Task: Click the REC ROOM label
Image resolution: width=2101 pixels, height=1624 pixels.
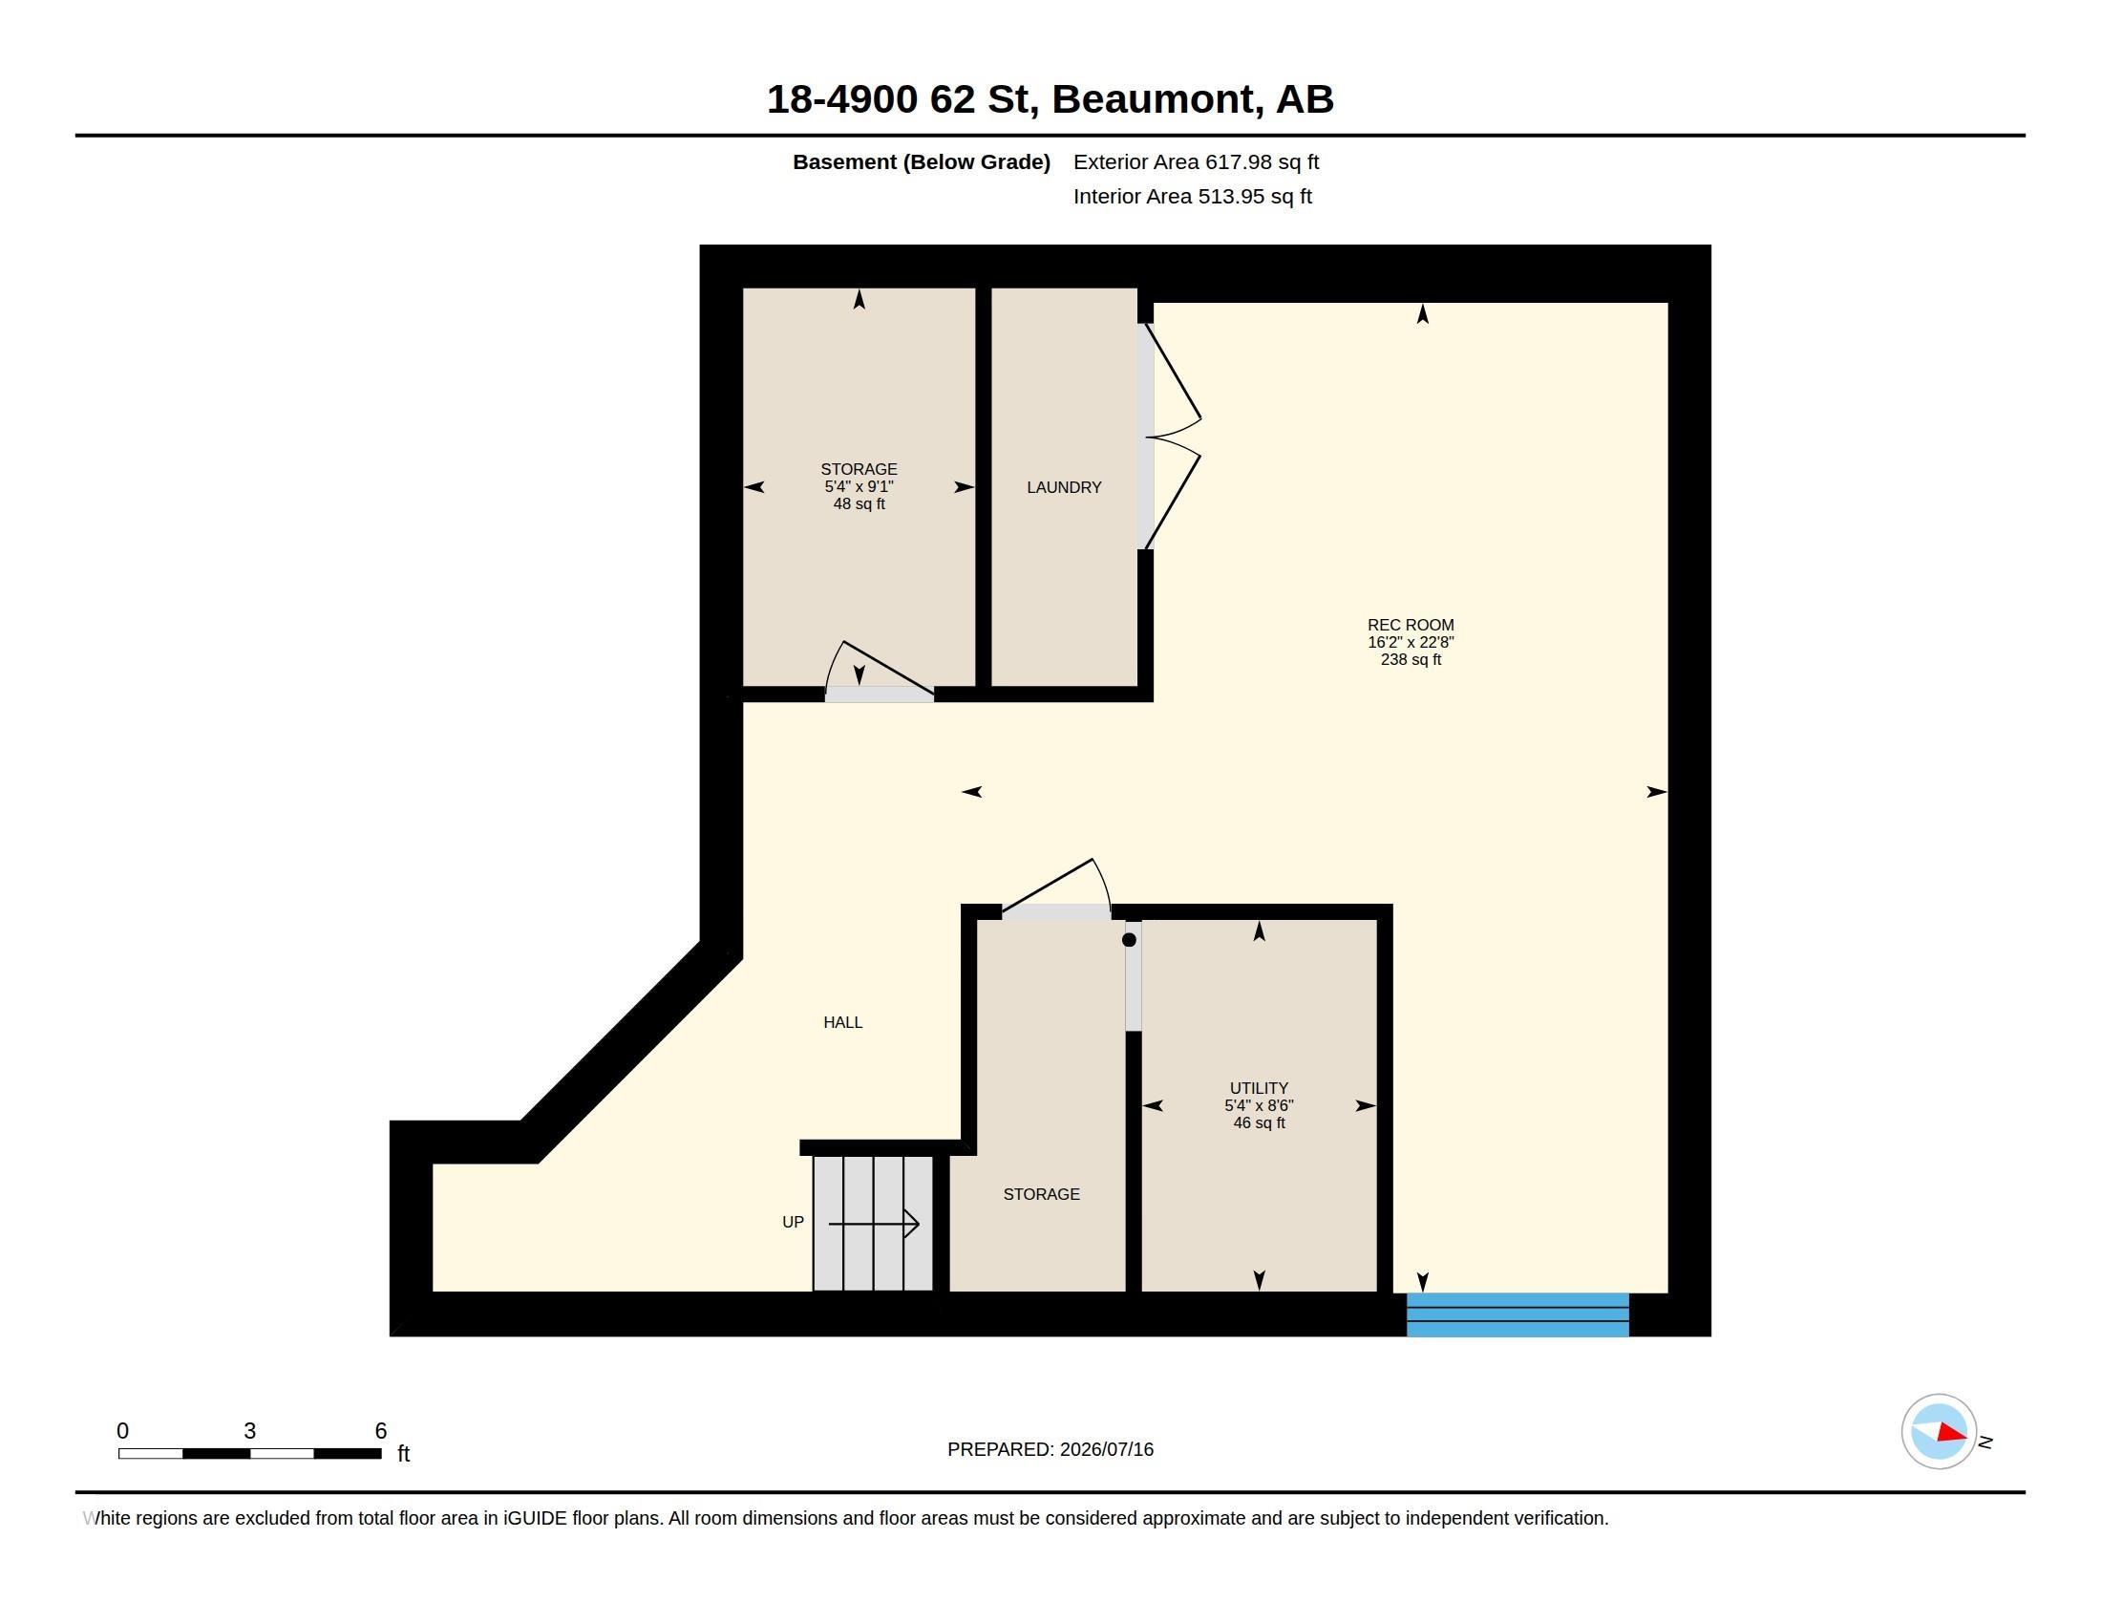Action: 1411,626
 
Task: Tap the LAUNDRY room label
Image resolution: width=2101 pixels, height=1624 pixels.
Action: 1064,488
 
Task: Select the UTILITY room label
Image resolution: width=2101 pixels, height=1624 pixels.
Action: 1259,1088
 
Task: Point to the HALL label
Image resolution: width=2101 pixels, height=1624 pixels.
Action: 842,1023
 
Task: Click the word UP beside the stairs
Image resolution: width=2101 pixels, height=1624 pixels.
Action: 793,1222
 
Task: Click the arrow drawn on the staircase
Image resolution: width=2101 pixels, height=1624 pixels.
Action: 874,1225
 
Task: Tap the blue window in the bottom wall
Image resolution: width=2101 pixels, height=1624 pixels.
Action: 1517,1315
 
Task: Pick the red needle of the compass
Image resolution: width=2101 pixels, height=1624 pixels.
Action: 1952,1433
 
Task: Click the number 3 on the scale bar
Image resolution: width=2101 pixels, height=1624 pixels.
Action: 250,1431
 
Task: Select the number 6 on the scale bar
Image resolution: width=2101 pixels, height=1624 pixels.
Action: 381,1431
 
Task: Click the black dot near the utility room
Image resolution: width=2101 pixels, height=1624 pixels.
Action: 1130,940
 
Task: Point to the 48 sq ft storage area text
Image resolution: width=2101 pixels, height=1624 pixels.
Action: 859,504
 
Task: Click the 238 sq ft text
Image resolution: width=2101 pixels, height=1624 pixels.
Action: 1411,660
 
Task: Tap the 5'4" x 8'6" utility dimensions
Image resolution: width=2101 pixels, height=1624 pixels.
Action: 1259,1105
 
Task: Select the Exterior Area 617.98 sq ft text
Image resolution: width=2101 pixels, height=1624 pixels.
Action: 1196,162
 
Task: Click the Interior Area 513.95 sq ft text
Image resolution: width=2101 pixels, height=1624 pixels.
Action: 1192,196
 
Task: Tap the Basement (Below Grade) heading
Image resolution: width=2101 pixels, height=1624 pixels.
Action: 921,162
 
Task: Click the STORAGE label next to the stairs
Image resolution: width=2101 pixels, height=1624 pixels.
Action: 1041,1195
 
